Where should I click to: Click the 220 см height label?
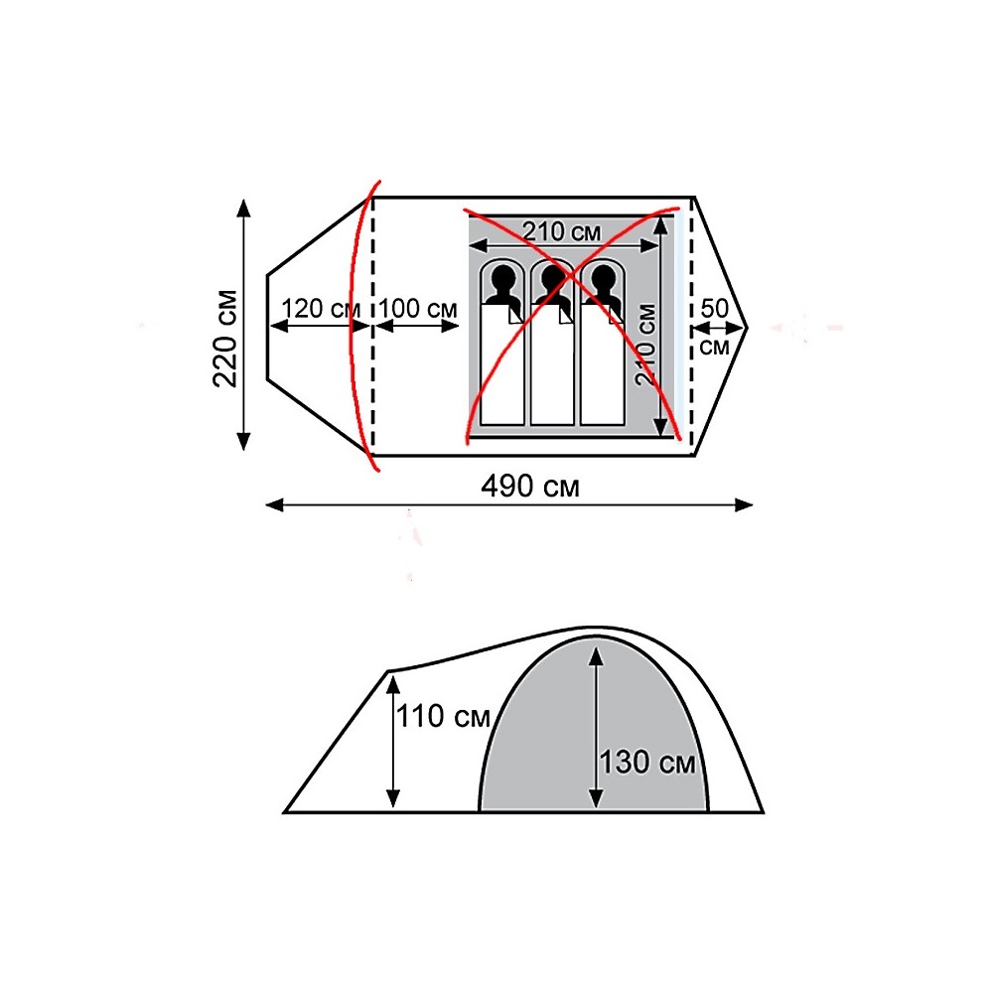pos(225,339)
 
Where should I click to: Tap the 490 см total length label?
pos(530,487)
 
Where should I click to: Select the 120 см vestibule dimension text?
pos(321,309)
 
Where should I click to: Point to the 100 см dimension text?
pos(417,309)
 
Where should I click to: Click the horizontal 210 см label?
pos(562,231)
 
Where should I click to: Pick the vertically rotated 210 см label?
pos(646,344)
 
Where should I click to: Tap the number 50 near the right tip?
pos(714,309)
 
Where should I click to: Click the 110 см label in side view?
pos(443,717)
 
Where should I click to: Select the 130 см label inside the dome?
pos(647,763)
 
